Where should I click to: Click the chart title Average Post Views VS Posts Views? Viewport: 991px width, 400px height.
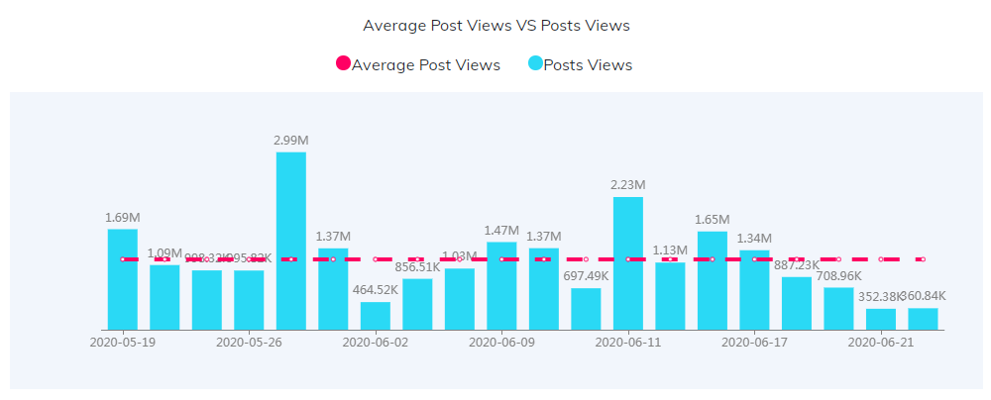[495, 25]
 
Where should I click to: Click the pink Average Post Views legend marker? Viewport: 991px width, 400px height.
[344, 64]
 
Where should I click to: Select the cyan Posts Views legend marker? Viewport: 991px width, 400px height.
[535, 64]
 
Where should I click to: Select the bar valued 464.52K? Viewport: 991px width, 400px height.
[375, 316]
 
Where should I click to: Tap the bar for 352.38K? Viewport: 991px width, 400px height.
[880, 319]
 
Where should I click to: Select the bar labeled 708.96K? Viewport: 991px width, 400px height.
[838, 308]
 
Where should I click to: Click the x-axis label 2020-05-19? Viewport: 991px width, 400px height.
[123, 343]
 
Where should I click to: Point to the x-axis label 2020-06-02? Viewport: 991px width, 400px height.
[375, 343]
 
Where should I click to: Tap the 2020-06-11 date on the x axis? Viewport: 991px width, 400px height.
[627, 343]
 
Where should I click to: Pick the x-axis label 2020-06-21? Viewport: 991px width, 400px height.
[880, 343]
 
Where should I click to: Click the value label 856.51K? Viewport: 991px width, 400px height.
[417, 266]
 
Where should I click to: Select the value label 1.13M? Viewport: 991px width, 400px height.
[670, 250]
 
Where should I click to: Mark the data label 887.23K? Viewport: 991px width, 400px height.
[796, 264]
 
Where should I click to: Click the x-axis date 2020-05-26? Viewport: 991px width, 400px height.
[249, 343]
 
